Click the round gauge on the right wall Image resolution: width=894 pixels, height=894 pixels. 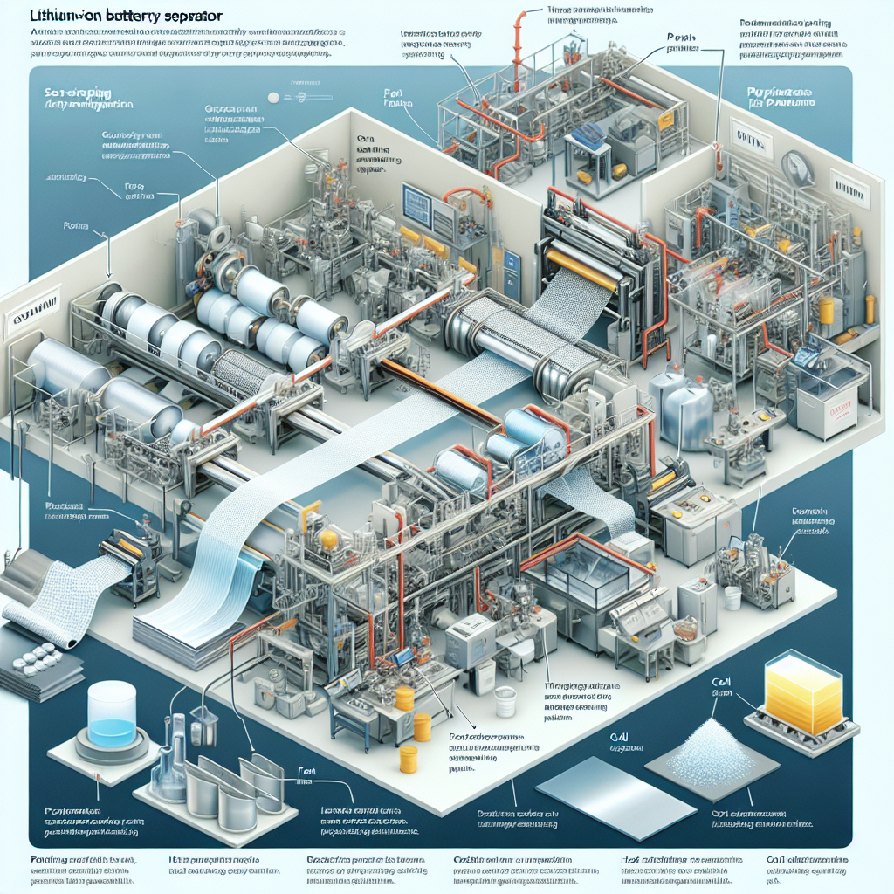pyautogui.click(x=796, y=166)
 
